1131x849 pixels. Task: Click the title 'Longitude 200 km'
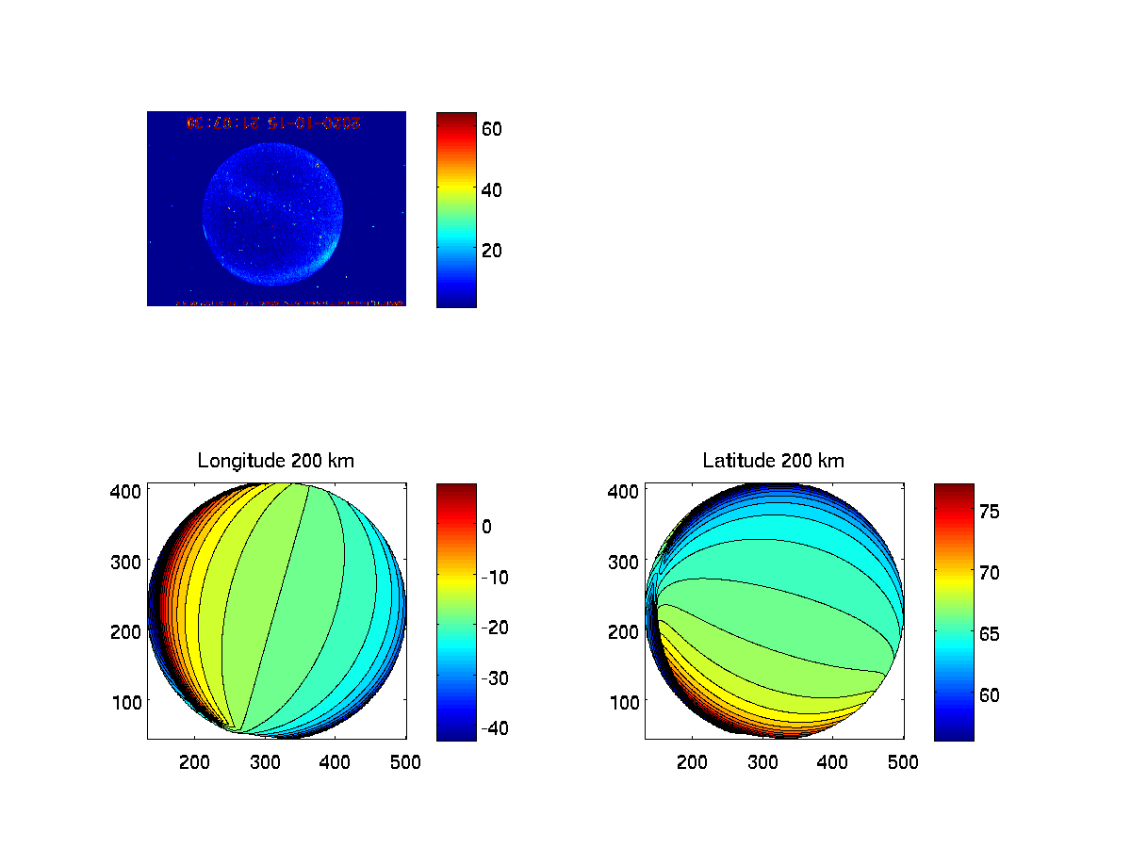(x=276, y=461)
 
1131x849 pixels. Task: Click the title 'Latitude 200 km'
(x=774, y=461)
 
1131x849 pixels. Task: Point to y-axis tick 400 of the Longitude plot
(x=130, y=491)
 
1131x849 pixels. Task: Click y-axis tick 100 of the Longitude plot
(x=130, y=701)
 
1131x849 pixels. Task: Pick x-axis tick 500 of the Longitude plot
(x=405, y=761)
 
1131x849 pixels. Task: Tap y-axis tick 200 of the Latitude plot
(x=628, y=631)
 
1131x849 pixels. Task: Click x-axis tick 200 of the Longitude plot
(x=194, y=761)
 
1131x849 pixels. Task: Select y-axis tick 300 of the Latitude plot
(x=628, y=561)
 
